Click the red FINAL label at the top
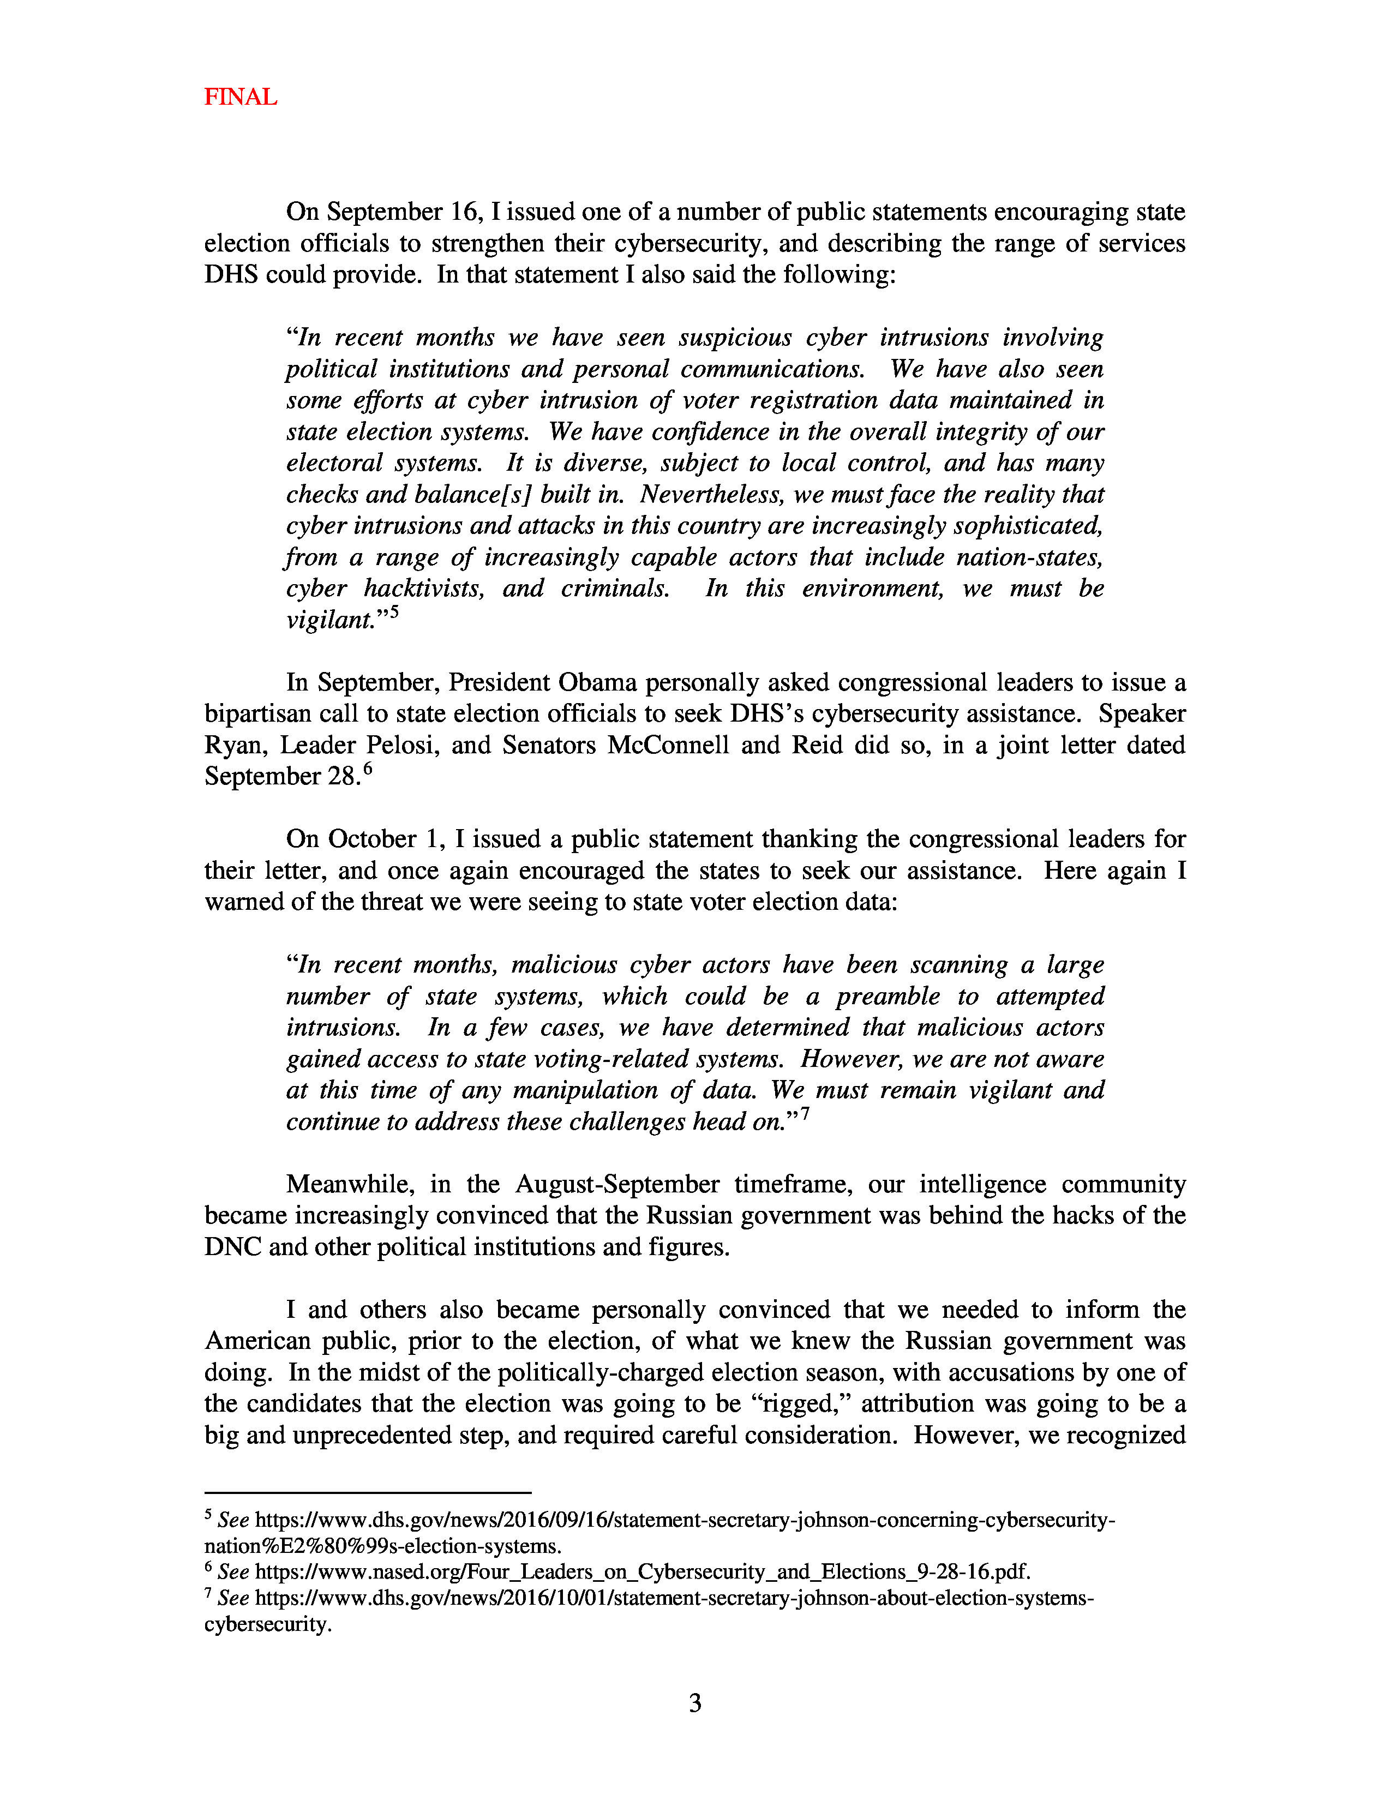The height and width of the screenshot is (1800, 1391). (241, 97)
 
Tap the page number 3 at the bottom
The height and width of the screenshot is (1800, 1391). (694, 1703)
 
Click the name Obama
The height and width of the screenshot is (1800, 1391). (597, 682)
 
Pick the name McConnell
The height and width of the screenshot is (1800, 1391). (668, 745)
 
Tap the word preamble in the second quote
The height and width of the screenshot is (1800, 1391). (888, 997)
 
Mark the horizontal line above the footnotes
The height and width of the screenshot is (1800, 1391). (368, 1492)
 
